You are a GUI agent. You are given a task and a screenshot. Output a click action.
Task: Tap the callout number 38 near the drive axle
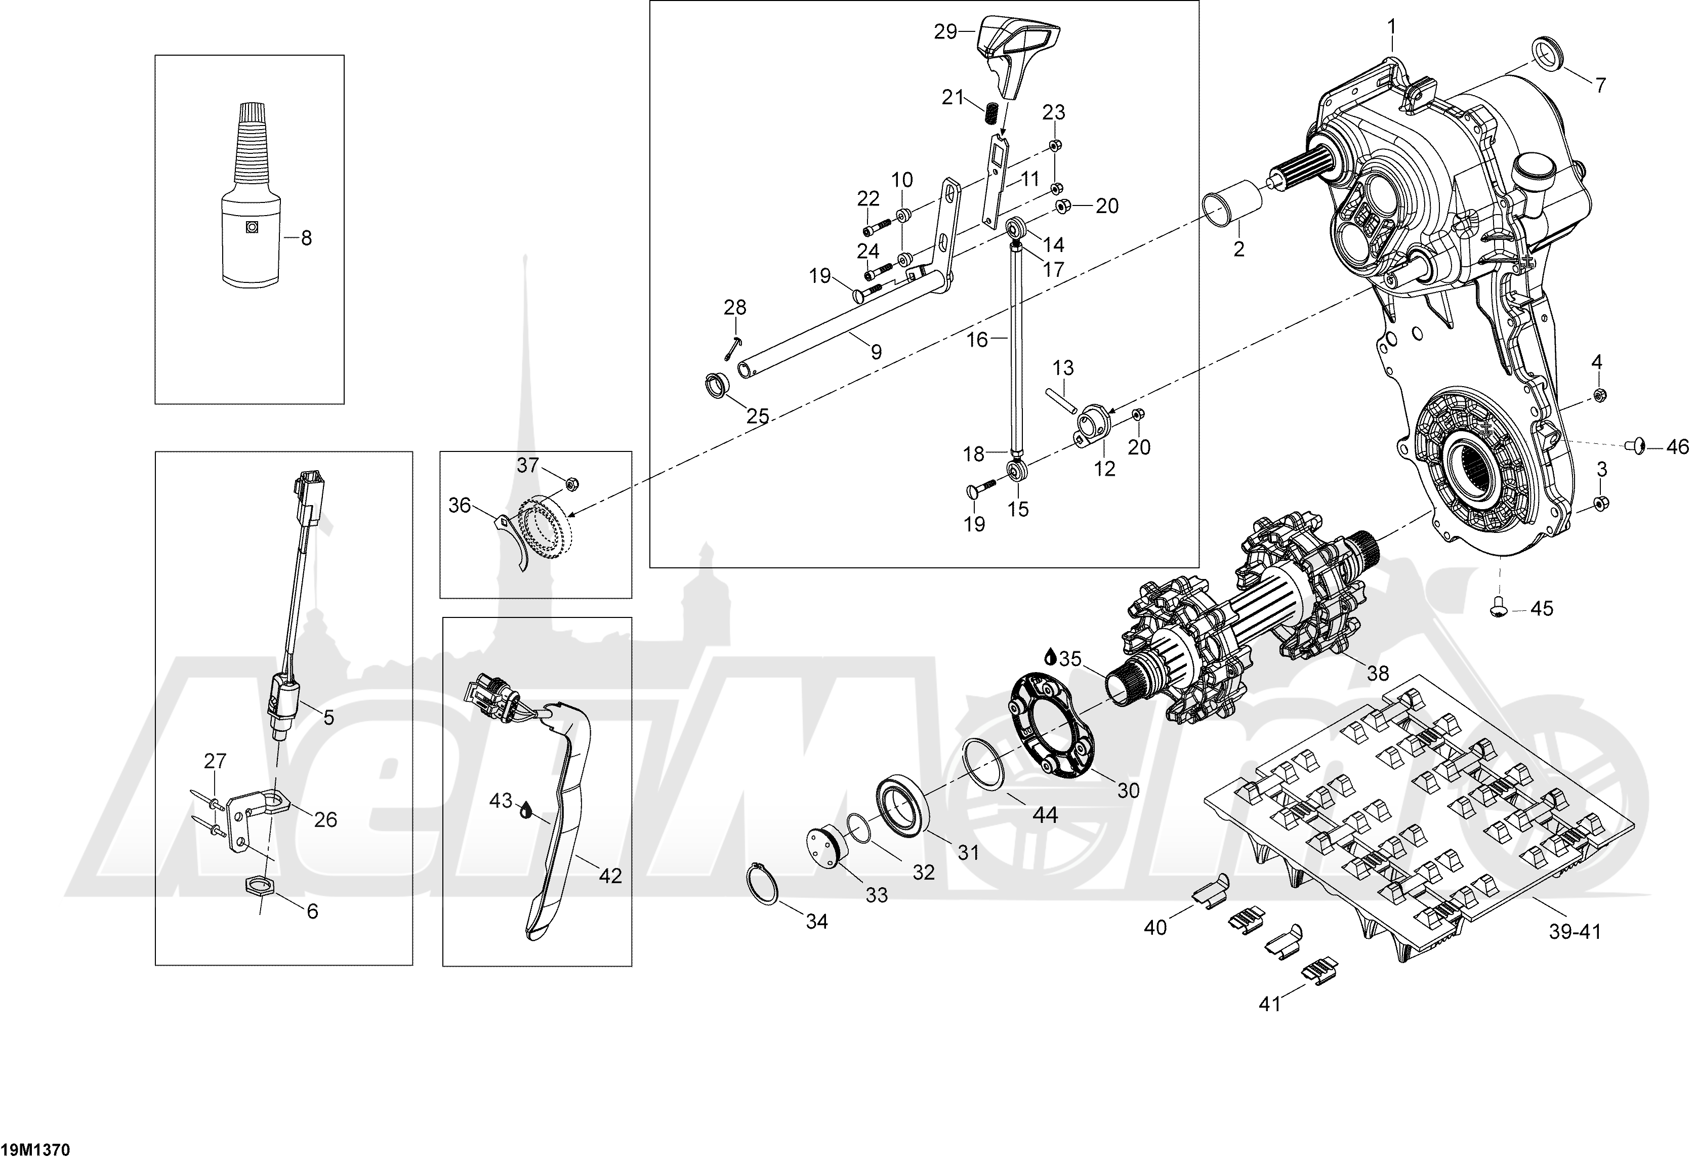[x=1377, y=673]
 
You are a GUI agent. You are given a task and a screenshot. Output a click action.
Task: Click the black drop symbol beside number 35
[x=1050, y=657]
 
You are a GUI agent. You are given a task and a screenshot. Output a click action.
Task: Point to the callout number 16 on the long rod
[x=977, y=340]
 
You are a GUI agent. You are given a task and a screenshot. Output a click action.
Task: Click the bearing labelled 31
[x=902, y=806]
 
